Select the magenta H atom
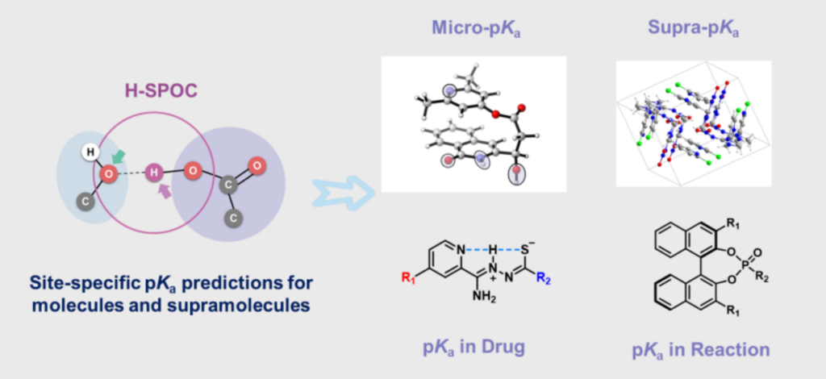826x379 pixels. [156, 172]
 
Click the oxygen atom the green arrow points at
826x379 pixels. [106, 171]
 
